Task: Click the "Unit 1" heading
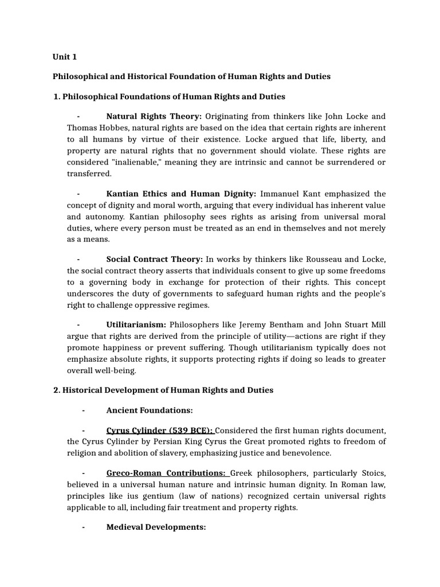65,57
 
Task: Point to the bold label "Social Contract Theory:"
155,259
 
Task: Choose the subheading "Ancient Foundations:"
150,410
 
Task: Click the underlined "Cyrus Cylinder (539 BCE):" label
160,430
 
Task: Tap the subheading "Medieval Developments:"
156,527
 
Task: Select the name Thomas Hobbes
95,127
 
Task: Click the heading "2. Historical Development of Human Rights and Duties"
163,390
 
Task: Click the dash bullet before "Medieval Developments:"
84,527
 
